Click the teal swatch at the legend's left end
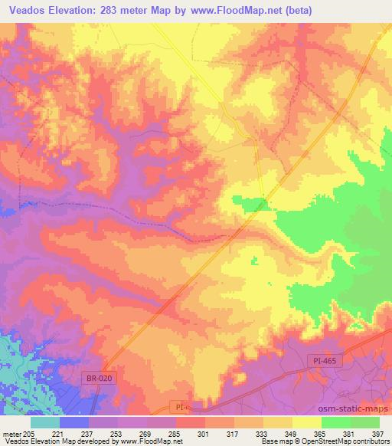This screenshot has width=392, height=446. point(45,422)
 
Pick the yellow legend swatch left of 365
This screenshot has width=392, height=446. point(307,422)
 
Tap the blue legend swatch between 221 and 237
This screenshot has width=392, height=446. point(74,422)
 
